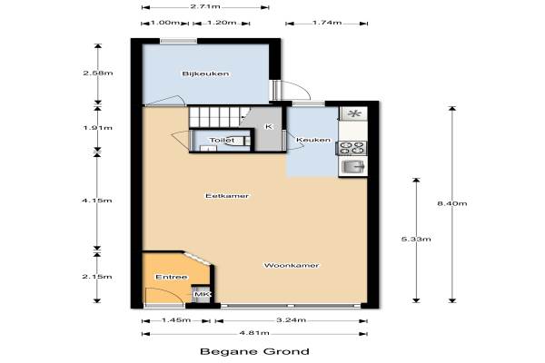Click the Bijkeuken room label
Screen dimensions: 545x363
(205, 74)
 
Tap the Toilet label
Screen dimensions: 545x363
(222, 140)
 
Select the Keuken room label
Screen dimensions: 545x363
(313, 140)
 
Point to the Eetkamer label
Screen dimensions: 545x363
(227, 196)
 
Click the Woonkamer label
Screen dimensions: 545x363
(292, 265)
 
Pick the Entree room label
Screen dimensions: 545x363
(172, 277)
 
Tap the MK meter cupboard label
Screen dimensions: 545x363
(202, 295)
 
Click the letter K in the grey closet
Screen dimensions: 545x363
(269, 126)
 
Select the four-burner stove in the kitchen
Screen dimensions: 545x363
(352, 148)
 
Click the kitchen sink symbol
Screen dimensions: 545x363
(352, 167)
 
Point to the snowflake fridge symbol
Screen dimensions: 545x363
(354, 113)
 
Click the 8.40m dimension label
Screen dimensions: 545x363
(451, 203)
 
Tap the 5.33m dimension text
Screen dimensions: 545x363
(416, 239)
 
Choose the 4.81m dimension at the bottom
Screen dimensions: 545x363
(254, 333)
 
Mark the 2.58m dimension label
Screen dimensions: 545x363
(98, 73)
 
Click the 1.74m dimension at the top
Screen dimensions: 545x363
(327, 23)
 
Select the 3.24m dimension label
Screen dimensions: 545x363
(291, 320)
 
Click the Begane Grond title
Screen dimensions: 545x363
(254, 351)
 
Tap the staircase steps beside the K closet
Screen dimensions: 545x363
(219, 117)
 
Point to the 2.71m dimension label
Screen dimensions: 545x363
(205, 6)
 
